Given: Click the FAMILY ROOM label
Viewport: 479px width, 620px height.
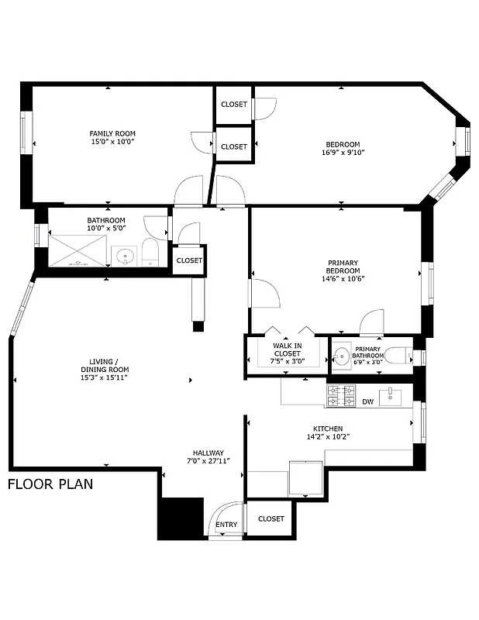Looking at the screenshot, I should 112,138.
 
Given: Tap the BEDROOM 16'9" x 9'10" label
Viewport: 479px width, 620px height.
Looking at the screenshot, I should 343,148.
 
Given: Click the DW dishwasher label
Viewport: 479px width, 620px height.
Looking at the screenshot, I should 368,402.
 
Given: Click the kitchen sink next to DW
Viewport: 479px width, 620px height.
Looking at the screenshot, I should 392,397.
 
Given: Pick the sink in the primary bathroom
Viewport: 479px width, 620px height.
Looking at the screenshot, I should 342,356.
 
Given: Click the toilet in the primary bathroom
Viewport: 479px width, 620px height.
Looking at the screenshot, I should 398,356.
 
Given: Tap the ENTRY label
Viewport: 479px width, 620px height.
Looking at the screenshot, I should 226,525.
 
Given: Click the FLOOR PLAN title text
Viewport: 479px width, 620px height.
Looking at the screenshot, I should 50,485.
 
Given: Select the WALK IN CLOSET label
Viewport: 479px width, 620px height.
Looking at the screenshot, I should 287,353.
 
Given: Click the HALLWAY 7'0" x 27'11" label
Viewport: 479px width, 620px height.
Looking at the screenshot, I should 208,457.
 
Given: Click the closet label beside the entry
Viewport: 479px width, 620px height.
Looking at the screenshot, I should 271,518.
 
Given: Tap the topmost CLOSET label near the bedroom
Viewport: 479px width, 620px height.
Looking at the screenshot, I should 234,105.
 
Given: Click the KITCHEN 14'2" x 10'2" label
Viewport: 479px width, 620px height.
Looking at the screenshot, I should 328,432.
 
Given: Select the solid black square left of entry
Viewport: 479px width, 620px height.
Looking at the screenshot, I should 180,518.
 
